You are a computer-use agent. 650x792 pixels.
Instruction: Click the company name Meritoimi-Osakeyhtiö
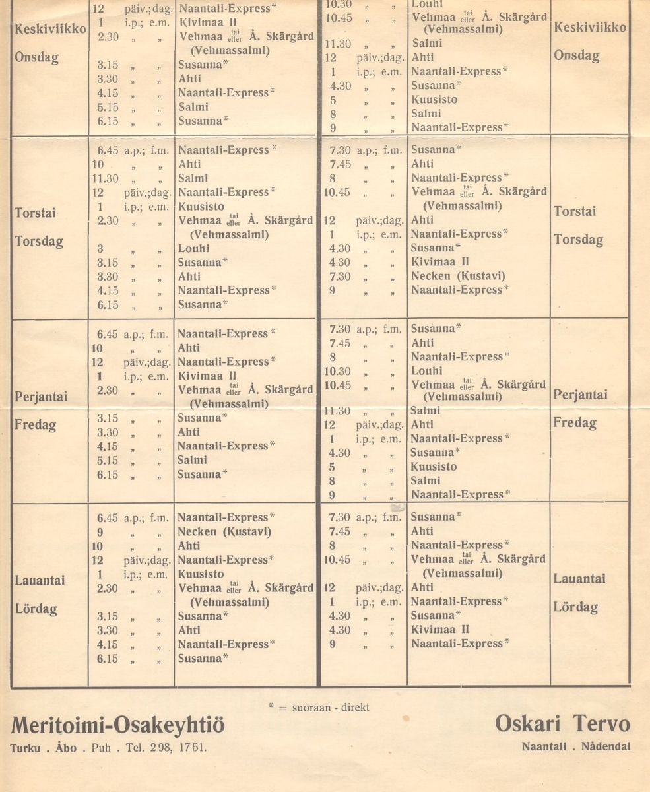(117, 727)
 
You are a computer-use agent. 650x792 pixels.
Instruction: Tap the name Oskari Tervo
(562, 725)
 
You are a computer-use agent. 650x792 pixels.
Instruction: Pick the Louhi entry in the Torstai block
(193, 249)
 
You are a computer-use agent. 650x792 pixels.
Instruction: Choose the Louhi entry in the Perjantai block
(427, 371)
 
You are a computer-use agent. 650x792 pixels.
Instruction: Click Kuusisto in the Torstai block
(201, 207)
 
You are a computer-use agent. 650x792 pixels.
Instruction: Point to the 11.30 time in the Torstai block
(104, 178)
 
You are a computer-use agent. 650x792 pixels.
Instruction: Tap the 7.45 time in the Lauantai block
(339, 531)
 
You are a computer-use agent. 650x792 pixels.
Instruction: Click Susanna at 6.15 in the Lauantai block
(201, 658)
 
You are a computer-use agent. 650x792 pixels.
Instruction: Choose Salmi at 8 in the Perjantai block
(426, 481)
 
